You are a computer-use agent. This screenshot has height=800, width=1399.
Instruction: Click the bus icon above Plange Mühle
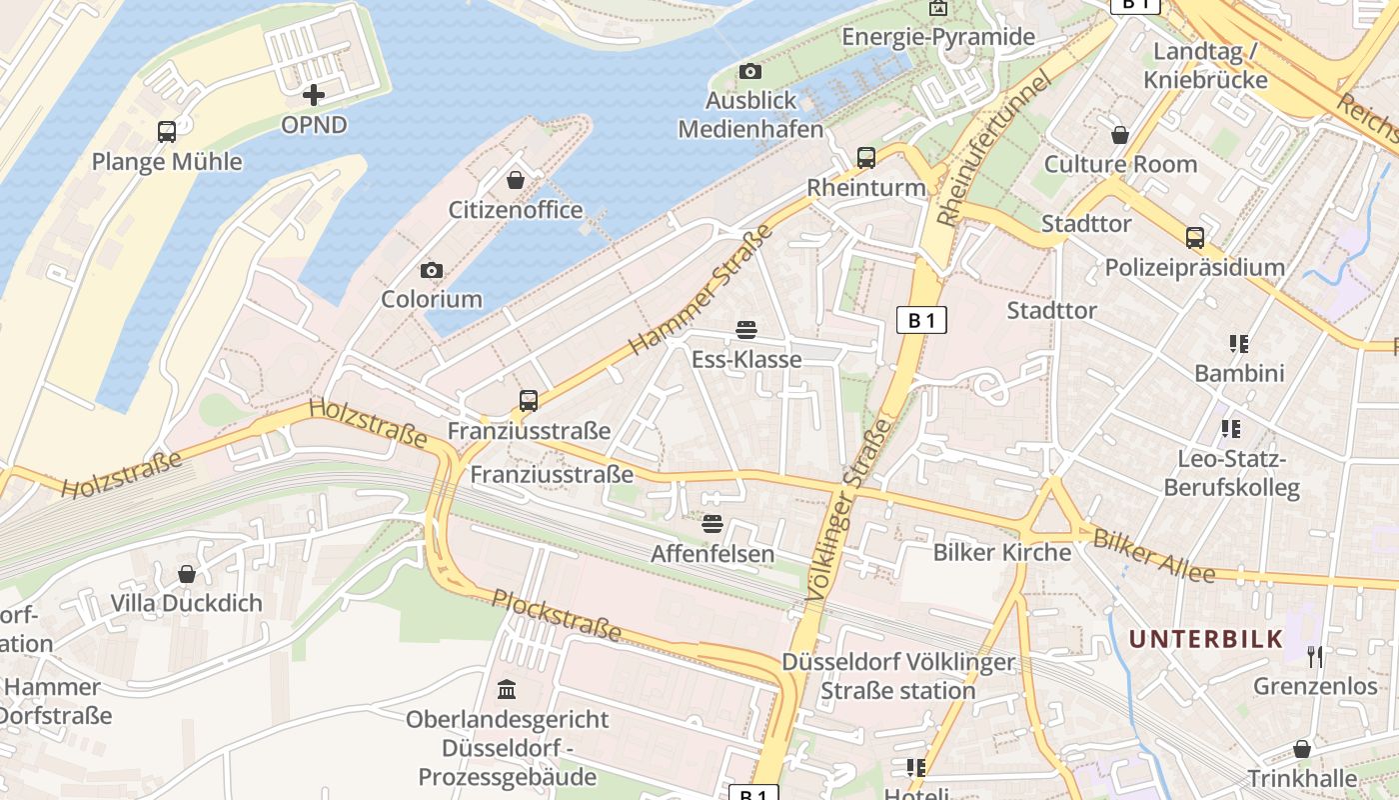click(x=167, y=131)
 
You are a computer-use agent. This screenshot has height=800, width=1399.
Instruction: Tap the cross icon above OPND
click(x=314, y=95)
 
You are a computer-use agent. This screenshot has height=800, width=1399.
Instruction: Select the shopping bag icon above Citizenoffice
click(x=516, y=180)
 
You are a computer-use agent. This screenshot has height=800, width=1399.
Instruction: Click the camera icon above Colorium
click(x=432, y=270)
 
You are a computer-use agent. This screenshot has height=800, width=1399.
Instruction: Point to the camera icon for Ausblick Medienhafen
click(x=749, y=71)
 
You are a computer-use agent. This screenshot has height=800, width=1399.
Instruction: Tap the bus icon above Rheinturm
click(x=866, y=157)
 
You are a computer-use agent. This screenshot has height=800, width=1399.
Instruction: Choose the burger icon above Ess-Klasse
click(x=745, y=329)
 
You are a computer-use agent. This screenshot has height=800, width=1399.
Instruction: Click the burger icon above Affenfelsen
click(x=712, y=523)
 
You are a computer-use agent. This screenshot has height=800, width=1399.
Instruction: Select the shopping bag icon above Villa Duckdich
click(x=186, y=574)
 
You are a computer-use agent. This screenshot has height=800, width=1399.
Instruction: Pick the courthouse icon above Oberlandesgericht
click(x=507, y=690)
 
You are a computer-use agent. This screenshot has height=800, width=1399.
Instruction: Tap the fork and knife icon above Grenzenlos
click(x=1315, y=657)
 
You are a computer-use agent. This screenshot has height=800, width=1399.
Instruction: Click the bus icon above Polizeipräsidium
click(x=1195, y=237)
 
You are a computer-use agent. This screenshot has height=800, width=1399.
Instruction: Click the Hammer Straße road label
click(x=701, y=290)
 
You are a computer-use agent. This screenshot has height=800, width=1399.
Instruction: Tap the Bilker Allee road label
click(x=1153, y=556)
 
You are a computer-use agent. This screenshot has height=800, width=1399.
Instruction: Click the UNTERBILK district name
click(x=1205, y=639)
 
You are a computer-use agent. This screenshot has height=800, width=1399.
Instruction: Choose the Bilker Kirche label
click(x=1001, y=552)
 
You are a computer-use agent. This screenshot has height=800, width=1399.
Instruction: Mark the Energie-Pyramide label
click(x=938, y=37)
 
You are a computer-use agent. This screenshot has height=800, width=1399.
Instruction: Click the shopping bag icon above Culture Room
click(x=1120, y=134)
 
